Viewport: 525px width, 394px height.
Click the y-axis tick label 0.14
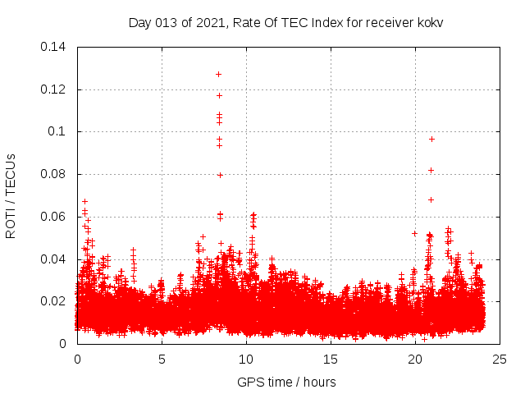pyautogui.click(x=55, y=47)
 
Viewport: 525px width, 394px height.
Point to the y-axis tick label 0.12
pyautogui.click(x=55, y=89)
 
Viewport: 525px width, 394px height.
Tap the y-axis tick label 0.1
pyautogui.click(x=59, y=131)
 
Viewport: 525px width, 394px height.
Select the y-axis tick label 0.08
pyautogui.click(x=55, y=174)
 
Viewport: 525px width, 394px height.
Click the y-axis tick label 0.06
pyautogui.click(x=55, y=217)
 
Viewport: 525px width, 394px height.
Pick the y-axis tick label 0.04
pyautogui.click(x=55, y=259)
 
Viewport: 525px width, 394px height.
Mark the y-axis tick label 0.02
pyautogui.click(x=55, y=301)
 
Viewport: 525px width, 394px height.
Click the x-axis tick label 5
pyautogui.click(x=162, y=359)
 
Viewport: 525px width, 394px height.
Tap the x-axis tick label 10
pyautogui.click(x=246, y=359)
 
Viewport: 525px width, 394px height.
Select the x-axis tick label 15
pyautogui.click(x=331, y=359)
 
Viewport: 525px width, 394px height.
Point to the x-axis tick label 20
pyautogui.click(x=415, y=359)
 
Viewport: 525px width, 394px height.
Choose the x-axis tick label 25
pyautogui.click(x=500, y=359)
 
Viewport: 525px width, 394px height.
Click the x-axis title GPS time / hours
pyautogui.click(x=286, y=382)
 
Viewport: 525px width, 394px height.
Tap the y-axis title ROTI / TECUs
pyautogui.click(x=11, y=195)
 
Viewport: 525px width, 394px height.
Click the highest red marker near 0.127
pyautogui.click(x=219, y=74)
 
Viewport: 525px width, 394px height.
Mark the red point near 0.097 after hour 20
pyautogui.click(x=431, y=139)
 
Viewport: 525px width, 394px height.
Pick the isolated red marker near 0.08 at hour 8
pyautogui.click(x=220, y=175)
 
